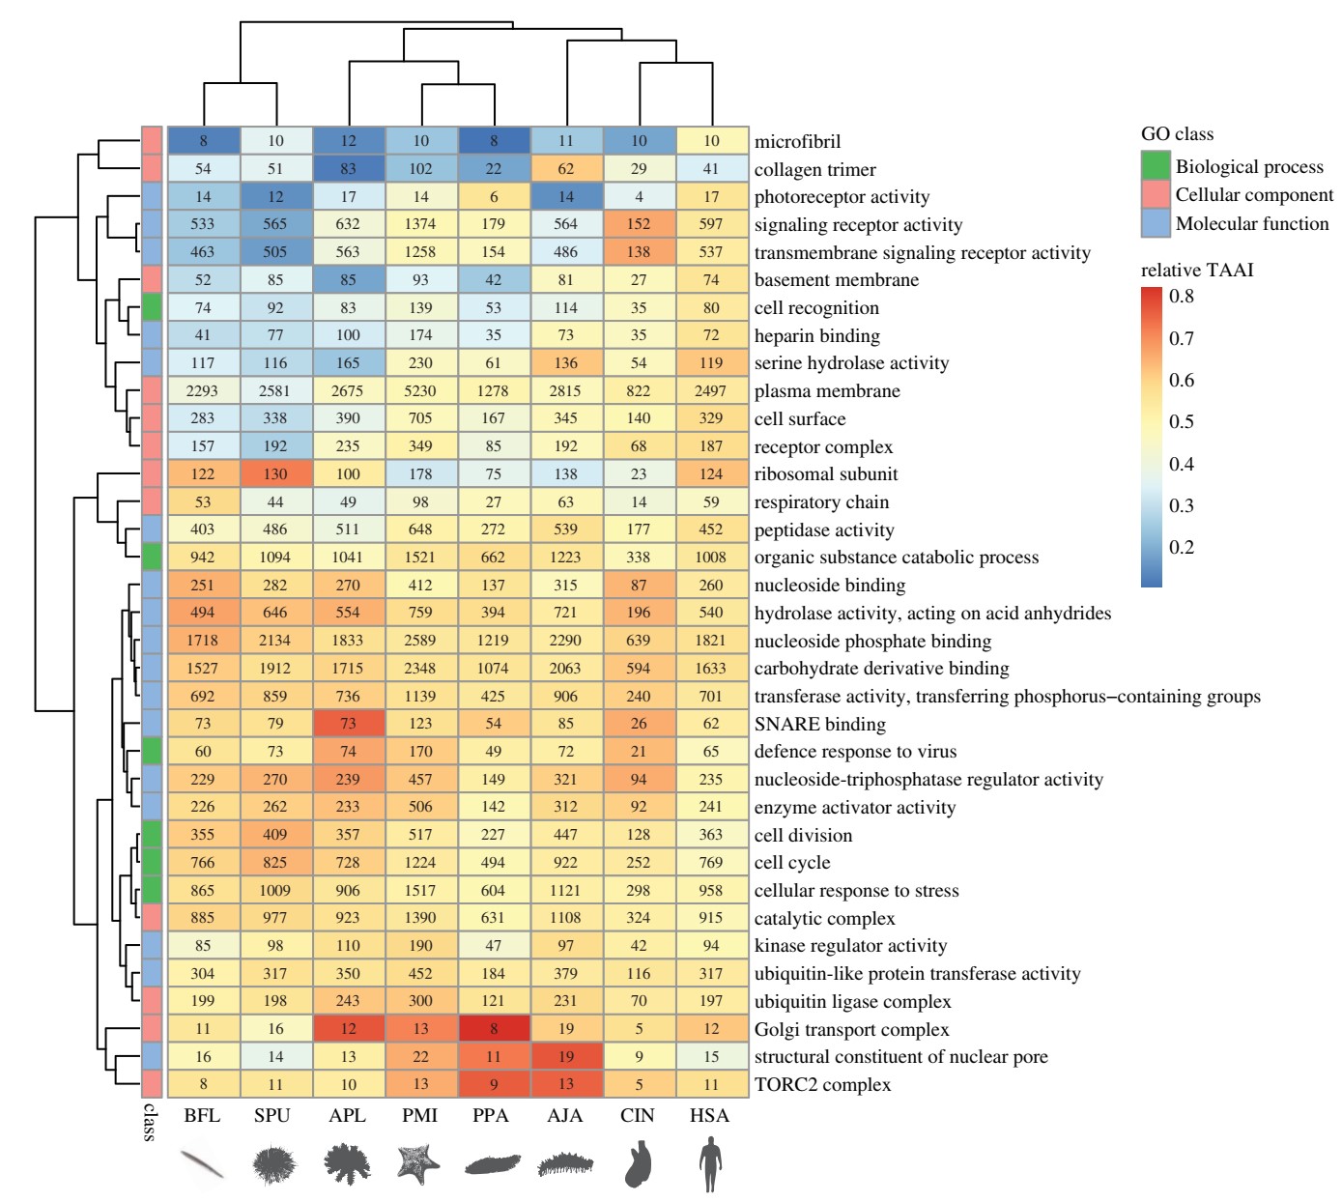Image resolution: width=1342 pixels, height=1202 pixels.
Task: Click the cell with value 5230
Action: click(x=420, y=391)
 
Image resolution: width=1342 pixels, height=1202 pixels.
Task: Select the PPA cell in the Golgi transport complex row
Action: click(x=493, y=1029)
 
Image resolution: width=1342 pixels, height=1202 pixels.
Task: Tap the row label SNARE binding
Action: click(x=819, y=724)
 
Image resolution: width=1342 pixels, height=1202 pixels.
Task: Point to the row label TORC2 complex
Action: click(x=822, y=1084)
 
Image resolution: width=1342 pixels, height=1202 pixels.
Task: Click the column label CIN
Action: click(x=638, y=1115)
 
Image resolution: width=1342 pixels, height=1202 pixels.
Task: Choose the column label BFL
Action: click(x=202, y=1115)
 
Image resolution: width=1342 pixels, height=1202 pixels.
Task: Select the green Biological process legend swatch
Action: click(x=1156, y=166)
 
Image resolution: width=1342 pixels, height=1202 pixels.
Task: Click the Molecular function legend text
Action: click(x=1252, y=223)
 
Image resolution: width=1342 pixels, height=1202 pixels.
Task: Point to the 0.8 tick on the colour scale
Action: click(x=1181, y=297)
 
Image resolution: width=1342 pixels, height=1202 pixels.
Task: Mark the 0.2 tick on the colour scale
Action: click(x=1181, y=547)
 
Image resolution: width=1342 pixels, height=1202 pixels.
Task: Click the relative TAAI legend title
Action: click(x=1196, y=270)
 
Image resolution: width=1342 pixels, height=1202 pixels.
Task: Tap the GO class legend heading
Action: click(x=1177, y=134)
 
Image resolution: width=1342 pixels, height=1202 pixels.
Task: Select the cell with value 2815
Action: click(x=565, y=391)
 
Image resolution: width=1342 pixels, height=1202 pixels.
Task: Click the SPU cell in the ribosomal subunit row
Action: click(x=275, y=474)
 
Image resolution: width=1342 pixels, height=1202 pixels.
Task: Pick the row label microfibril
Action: click(x=797, y=142)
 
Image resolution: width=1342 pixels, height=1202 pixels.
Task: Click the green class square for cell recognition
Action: click(x=152, y=308)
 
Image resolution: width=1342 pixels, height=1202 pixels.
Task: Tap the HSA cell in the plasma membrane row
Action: click(x=711, y=391)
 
